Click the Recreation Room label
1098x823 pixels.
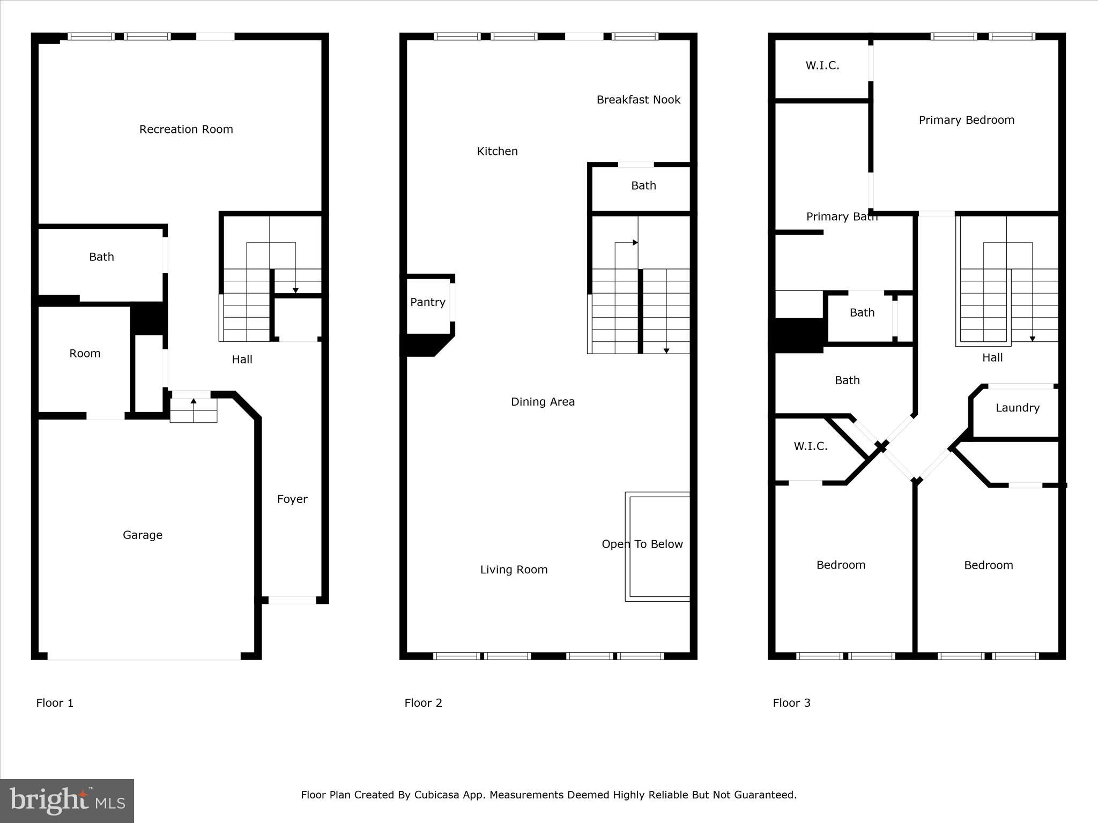186,129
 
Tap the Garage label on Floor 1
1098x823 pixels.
143,535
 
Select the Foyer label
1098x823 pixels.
292,499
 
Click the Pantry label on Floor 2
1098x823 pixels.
428,302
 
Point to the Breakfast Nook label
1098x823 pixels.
639,100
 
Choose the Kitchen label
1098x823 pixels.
498,151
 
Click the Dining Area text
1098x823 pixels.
543,401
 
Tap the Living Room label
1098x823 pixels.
514,570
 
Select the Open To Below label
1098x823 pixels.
642,544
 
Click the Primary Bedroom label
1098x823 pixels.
967,120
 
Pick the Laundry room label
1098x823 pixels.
1018,408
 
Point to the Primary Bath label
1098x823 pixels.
842,216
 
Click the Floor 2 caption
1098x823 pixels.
423,703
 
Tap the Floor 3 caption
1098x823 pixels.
791,703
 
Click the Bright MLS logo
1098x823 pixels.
67,801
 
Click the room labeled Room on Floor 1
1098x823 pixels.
85,353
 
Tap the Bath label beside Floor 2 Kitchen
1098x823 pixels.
643,185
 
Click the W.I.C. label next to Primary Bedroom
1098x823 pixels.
822,65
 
